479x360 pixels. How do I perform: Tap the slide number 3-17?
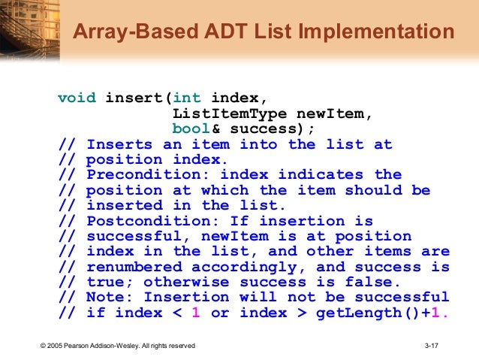[x=432, y=346]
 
